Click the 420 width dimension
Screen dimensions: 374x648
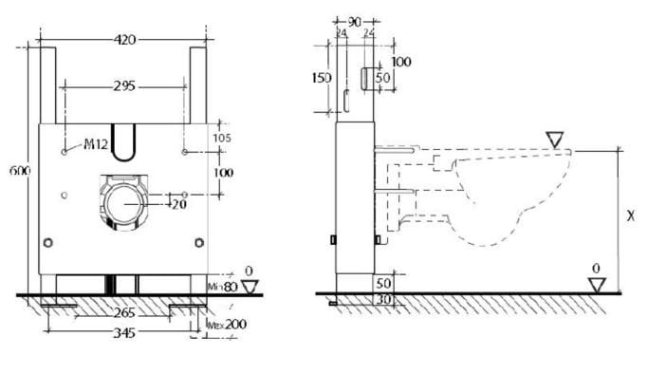[x=124, y=39]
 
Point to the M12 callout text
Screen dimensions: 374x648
[x=94, y=145]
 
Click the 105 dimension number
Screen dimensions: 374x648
[x=223, y=139]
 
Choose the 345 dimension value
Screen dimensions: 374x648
[x=124, y=333]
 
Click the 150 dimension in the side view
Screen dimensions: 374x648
[x=324, y=78]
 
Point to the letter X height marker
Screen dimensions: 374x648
[x=630, y=216]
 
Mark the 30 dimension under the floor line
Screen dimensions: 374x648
[x=383, y=300]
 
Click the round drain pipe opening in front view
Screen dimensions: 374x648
[x=123, y=203]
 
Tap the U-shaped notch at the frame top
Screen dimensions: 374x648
[x=124, y=137]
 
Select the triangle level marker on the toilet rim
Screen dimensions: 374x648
[x=556, y=140]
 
